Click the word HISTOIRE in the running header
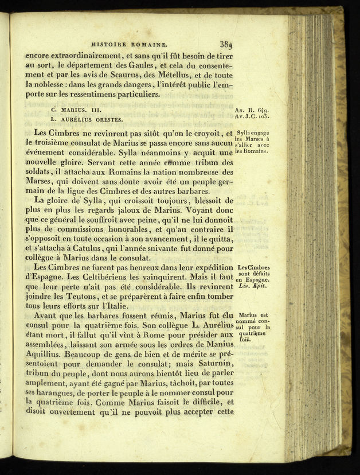click(110, 44)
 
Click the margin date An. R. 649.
click(252, 109)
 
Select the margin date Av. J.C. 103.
click(252, 117)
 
